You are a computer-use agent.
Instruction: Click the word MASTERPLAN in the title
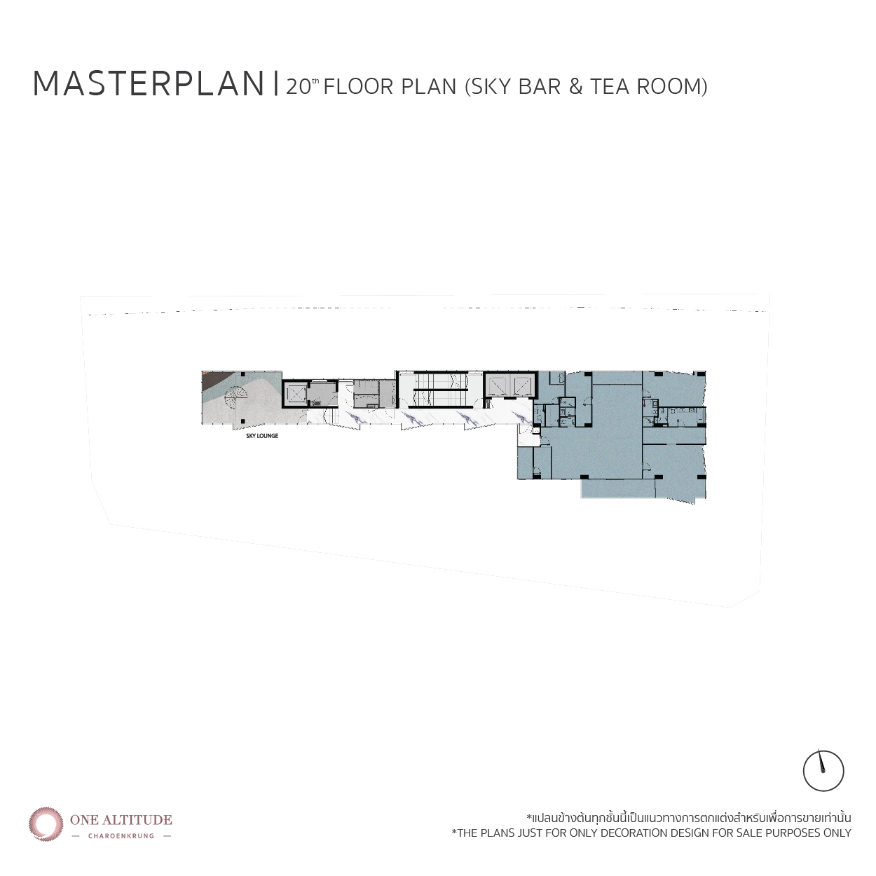[149, 85]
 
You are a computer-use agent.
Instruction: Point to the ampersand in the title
[575, 87]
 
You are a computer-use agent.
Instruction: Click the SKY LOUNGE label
[262, 435]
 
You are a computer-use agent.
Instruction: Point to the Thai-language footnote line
[689, 830]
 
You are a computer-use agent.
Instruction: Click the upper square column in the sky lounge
[243, 374]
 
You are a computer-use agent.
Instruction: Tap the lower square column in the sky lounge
[244, 420]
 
